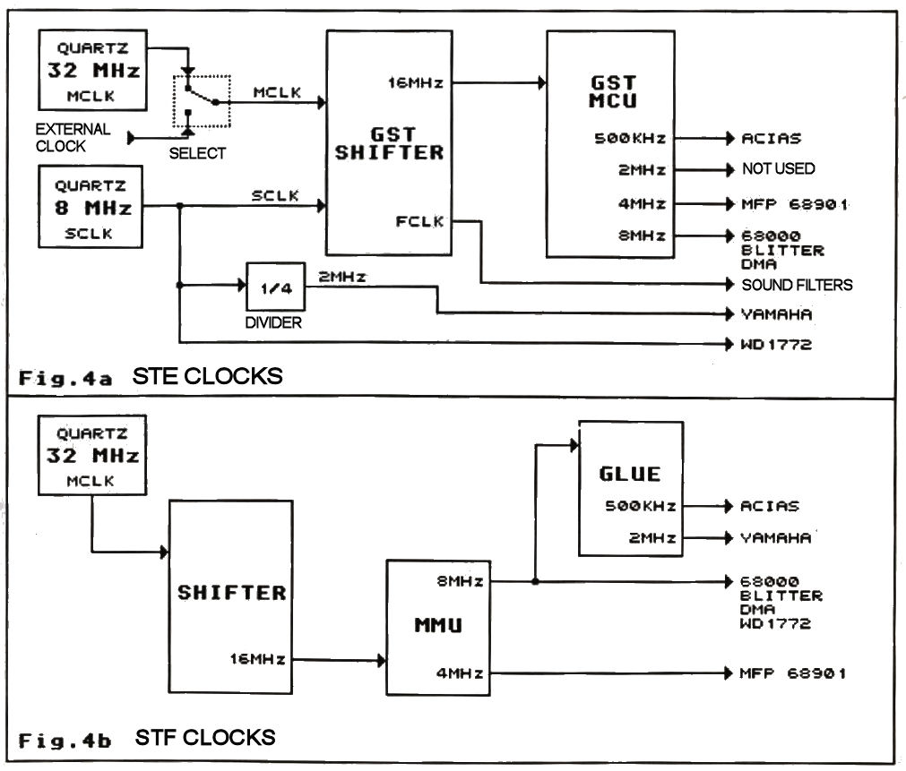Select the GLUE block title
coord(630,474)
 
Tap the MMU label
coord(437,624)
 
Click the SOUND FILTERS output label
coord(797,285)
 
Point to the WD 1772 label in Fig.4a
coord(776,344)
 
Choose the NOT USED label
coord(778,168)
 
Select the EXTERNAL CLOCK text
coord(73,137)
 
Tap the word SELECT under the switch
coord(197,153)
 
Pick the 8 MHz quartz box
coord(91,207)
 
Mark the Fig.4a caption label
coord(65,377)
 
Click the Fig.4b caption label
coord(65,740)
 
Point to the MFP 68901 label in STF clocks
coord(792,672)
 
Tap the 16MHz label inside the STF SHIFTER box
coord(258,659)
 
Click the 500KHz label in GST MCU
coord(630,139)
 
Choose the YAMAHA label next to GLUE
coord(775,537)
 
